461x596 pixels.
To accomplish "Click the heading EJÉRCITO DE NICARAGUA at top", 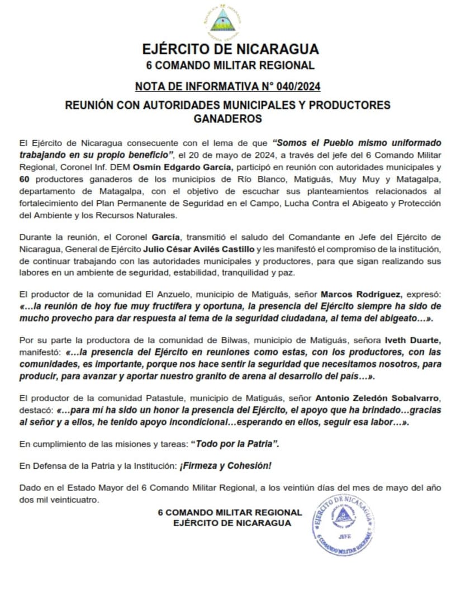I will click(230, 49).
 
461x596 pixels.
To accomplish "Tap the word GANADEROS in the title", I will click(227, 118).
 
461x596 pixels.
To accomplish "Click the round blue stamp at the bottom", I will click(343, 524).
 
